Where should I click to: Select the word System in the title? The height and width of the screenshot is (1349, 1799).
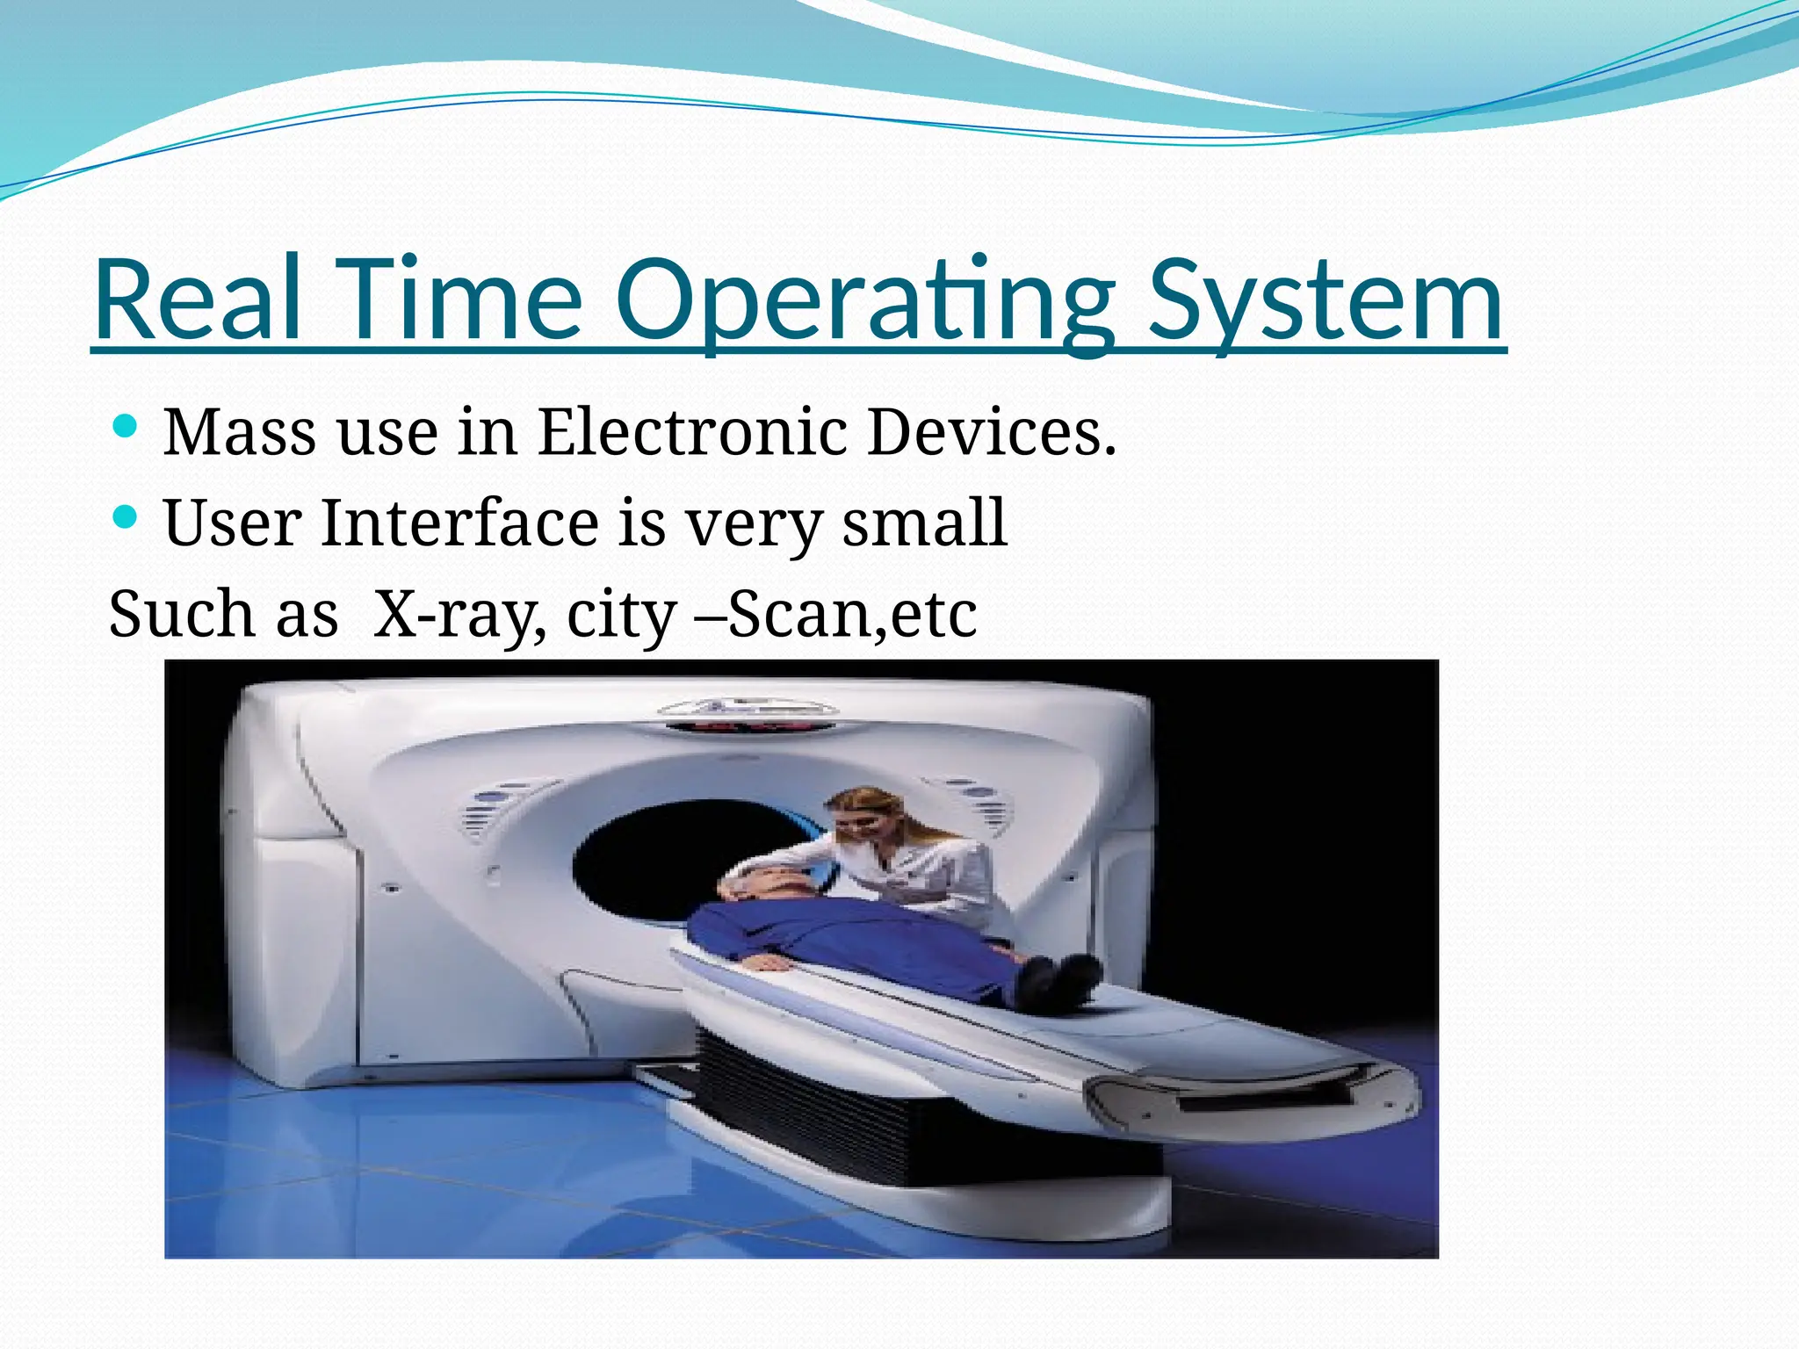coord(1326,300)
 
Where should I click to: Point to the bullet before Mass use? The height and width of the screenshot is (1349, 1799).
coord(126,428)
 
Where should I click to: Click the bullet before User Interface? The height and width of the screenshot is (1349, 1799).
coord(126,516)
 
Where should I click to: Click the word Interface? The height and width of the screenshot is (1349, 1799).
coord(459,523)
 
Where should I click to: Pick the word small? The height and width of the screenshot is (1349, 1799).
coord(923,523)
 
